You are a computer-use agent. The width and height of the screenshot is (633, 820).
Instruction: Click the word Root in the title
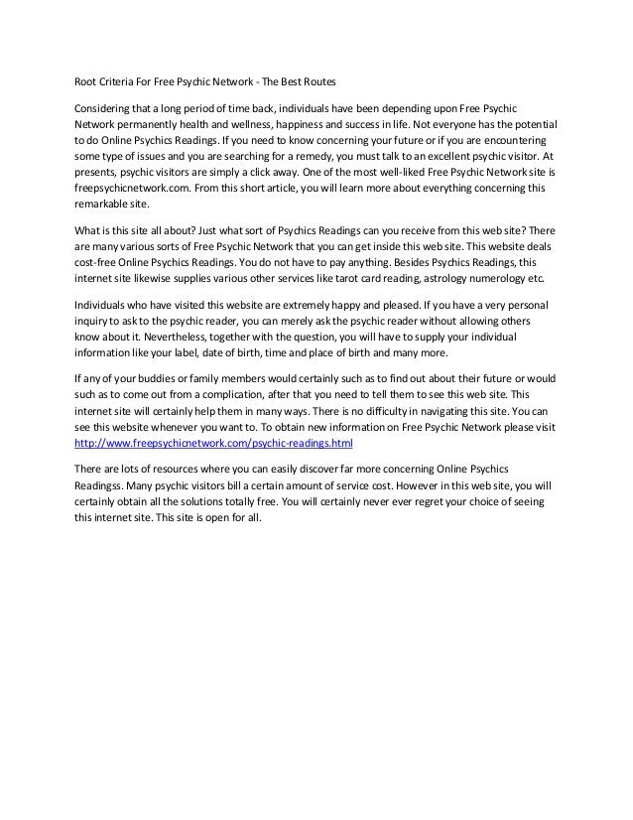click(88, 80)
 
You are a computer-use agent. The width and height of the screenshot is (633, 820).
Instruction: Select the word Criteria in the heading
click(124, 80)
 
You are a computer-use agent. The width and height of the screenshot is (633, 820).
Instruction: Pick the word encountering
click(532, 140)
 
